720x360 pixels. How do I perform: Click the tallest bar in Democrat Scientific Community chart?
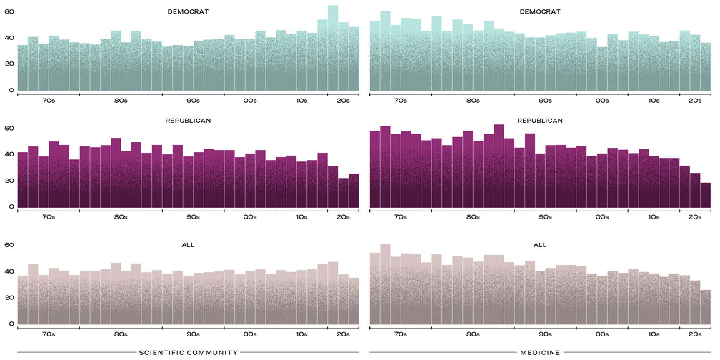332,50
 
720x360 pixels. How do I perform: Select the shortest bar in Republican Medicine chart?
706,196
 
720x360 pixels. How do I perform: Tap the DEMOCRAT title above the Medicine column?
540,11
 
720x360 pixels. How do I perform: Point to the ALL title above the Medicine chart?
540,245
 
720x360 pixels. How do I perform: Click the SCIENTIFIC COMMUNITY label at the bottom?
188,352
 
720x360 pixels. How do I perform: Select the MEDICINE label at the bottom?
540,352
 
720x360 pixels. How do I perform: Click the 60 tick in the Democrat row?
9,11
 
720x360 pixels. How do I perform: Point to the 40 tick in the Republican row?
9,154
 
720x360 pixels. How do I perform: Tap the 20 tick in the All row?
9,297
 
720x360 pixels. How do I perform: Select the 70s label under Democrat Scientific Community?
49,101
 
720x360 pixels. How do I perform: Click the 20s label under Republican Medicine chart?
695,217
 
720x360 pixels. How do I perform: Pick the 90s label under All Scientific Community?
193,334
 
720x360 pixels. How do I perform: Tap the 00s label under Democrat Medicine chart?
602,101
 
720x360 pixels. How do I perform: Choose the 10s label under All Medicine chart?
654,334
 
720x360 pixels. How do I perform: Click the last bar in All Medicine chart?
706,308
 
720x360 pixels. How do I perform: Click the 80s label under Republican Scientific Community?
121,217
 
